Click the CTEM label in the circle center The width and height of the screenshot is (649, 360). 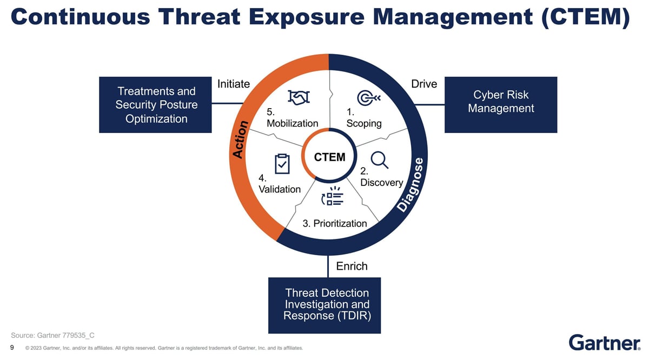tap(329, 157)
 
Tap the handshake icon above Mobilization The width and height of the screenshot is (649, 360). tap(299, 97)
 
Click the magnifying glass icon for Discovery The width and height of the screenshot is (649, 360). tap(379, 159)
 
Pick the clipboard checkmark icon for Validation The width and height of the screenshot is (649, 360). tap(282, 164)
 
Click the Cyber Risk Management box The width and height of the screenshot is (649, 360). tap(501, 104)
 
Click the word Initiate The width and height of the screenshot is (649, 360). tap(234, 84)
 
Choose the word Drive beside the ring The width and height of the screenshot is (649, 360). tap(424, 84)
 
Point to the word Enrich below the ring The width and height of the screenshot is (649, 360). tap(352, 266)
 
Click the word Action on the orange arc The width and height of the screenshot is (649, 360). tap(240, 139)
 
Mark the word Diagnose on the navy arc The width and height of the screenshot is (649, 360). tap(414, 185)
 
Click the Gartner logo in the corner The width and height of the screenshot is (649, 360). tap(604, 342)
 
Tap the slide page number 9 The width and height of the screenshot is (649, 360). tap(12, 347)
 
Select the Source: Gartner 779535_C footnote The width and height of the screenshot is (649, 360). tap(53, 335)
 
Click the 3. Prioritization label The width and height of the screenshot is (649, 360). tap(334, 223)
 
